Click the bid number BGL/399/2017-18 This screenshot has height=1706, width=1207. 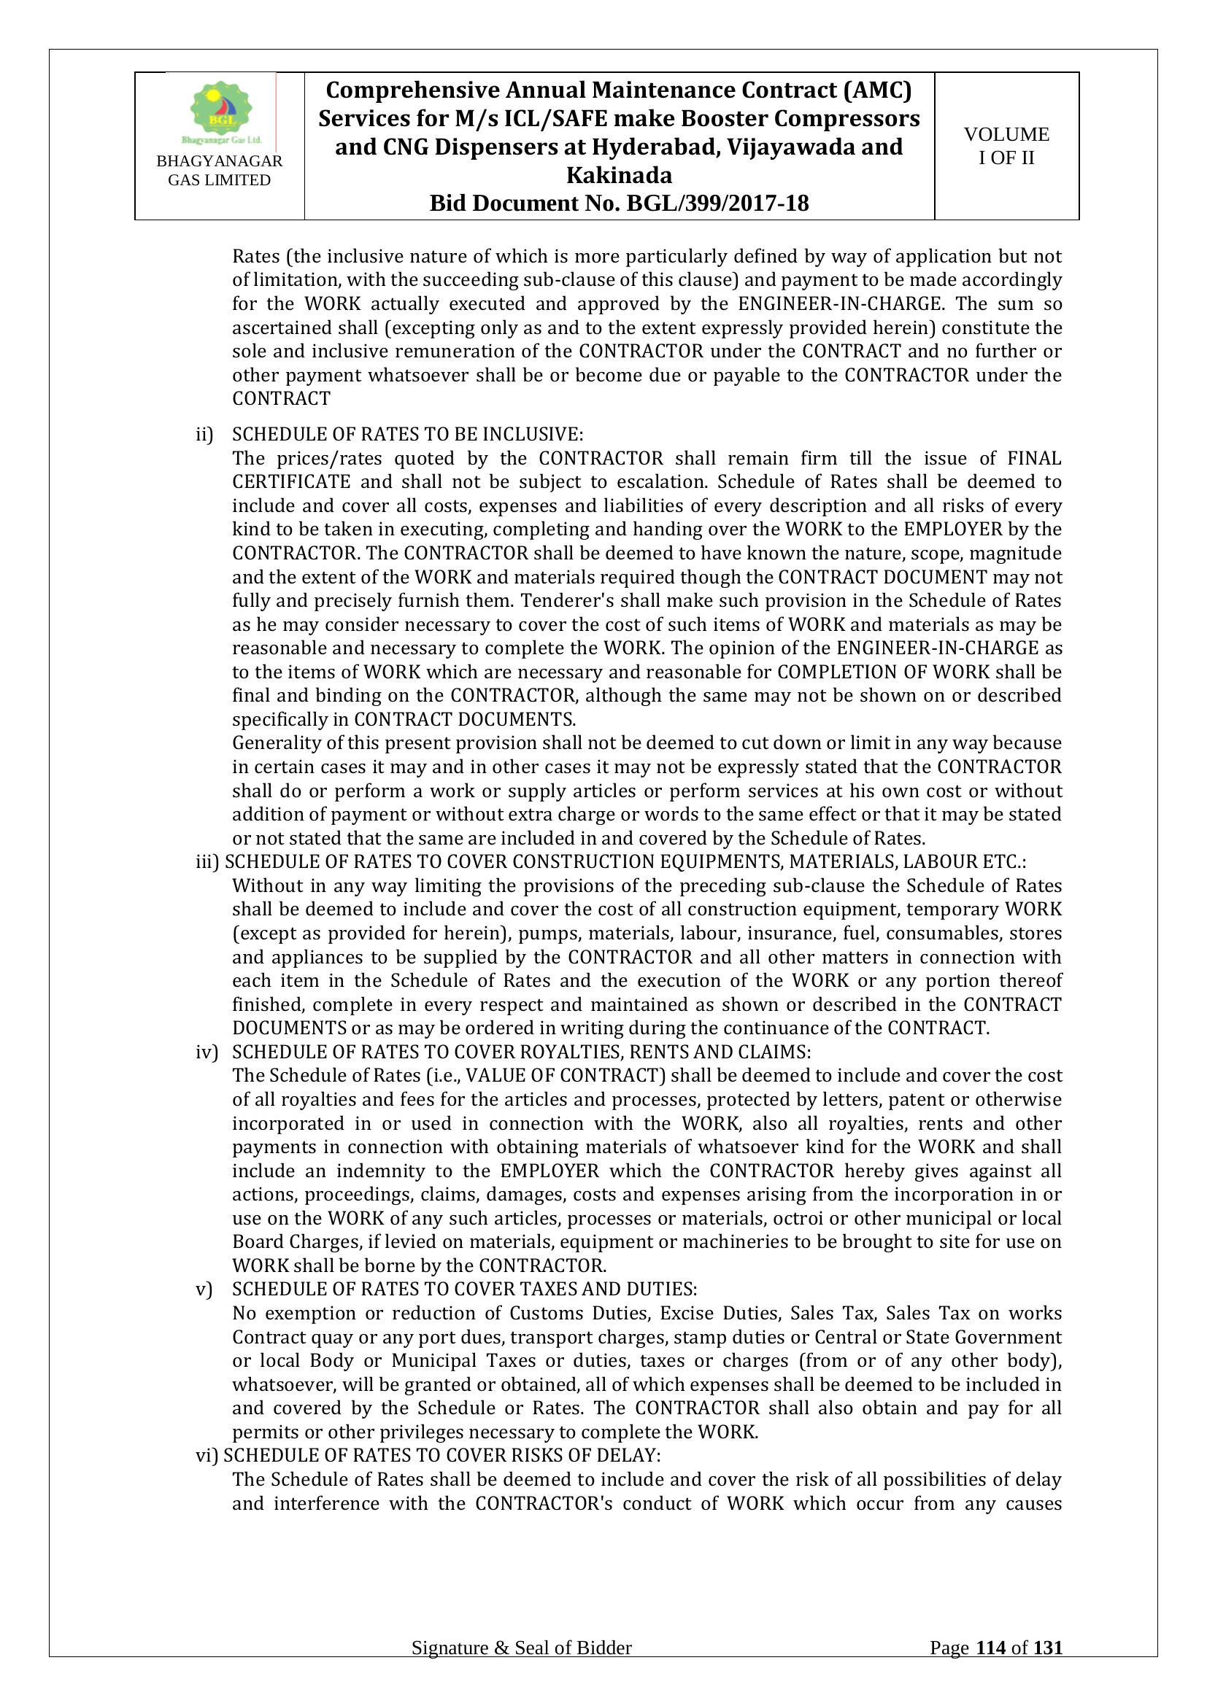point(717,203)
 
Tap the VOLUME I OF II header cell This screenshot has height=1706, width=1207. point(1006,146)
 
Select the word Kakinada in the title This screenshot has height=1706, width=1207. point(619,175)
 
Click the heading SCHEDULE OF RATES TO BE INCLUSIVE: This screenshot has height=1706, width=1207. point(408,435)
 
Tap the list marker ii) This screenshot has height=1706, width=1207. point(204,435)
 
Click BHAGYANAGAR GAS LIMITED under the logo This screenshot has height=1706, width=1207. point(219,171)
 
